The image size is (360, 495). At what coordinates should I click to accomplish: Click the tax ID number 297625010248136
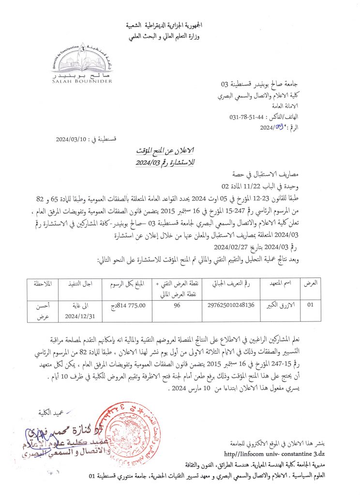(230, 305)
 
